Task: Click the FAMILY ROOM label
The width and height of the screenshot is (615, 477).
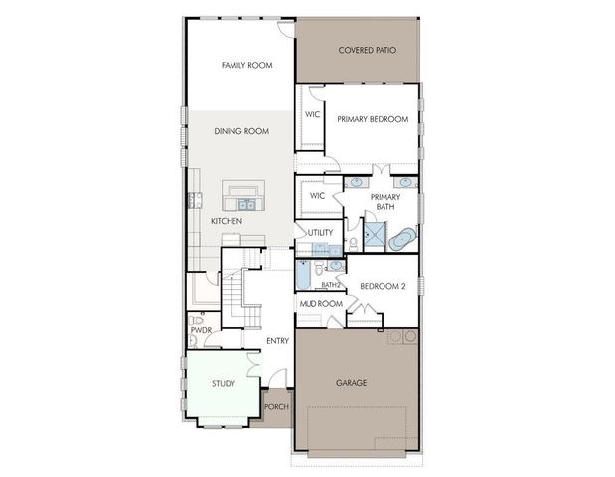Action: pyautogui.click(x=246, y=65)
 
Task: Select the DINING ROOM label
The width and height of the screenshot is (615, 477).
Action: pyautogui.click(x=242, y=131)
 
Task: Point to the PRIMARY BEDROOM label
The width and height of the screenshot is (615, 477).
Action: pyautogui.click(x=373, y=119)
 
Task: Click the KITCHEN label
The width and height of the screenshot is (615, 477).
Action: pyautogui.click(x=227, y=221)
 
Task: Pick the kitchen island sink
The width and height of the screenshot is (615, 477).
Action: pyautogui.click(x=244, y=205)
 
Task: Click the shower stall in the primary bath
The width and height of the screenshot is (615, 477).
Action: pyautogui.click(x=375, y=236)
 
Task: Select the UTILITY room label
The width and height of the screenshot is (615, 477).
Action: pyautogui.click(x=320, y=233)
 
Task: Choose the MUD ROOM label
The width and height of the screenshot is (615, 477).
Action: pyautogui.click(x=322, y=303)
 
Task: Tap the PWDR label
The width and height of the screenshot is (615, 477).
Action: pyautogui.click(x=201, y=328)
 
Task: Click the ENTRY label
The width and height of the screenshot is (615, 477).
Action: pyautogui.click(x=277, y=341)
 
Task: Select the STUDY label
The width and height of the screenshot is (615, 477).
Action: pyautogui.click(x=223, y=382)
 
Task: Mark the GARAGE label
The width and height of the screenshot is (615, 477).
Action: pyautogui.click(x=352, y=382)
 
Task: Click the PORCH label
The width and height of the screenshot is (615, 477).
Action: pyautogui.click(x=276, y=407)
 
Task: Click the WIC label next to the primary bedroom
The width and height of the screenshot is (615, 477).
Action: pyautogui.click(x=312, y=115)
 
